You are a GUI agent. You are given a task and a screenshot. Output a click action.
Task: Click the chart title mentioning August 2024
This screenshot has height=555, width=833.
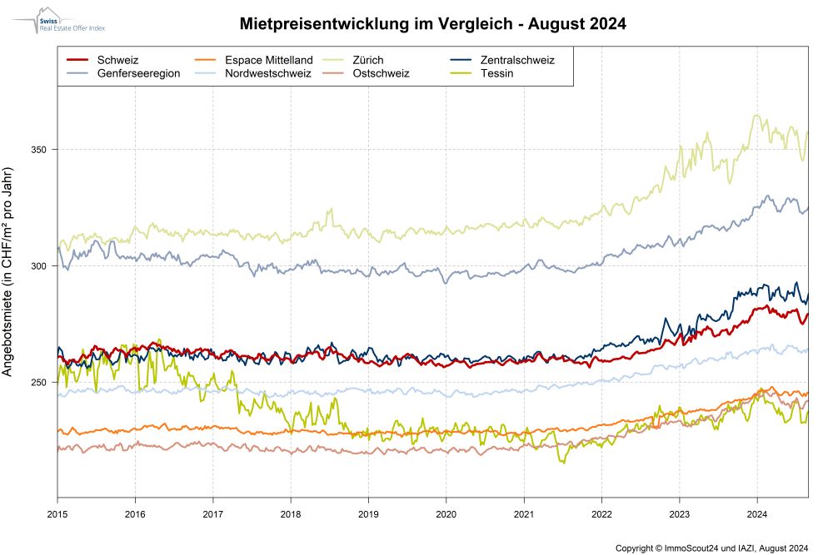click(x=432, y=24)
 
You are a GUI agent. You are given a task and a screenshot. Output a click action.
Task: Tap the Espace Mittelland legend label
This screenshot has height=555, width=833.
click(x=269, y=60)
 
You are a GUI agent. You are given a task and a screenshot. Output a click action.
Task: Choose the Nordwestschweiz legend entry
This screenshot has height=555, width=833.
click(x=267, y=73)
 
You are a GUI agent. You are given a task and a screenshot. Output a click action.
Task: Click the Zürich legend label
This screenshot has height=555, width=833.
click(x=367, y=60)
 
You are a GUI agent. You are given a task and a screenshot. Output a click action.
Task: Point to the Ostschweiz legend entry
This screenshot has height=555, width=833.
click(x=381, y=73)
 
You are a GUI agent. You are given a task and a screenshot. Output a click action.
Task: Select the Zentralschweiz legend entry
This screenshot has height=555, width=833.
click(x=517, y=60)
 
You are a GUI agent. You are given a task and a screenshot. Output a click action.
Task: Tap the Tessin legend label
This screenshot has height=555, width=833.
click(x=496, y=73)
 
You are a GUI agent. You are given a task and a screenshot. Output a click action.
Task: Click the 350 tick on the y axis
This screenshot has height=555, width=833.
click(x=39, y=150)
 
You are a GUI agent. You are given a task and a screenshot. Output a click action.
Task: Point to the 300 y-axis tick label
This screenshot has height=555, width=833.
click(x=39, y=265)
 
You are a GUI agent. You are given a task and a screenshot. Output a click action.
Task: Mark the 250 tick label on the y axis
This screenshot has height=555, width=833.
click(x=39, y=383)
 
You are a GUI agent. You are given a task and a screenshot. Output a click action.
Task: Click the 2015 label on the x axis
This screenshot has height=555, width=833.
click(x=57, y=513)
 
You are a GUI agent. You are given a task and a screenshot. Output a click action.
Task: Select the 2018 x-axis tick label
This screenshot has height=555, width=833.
click(x=291, y=513)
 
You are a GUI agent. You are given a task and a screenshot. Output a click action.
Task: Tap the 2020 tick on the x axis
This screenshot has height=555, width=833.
click(x=446, y=513)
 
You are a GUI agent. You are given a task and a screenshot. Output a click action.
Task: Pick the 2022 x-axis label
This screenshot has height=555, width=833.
click(x=601, y=513)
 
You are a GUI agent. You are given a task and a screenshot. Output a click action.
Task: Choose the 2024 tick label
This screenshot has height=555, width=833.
click(x=757, y=513)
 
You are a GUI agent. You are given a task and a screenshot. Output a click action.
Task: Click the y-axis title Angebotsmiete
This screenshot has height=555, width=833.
click(x=7, y=272)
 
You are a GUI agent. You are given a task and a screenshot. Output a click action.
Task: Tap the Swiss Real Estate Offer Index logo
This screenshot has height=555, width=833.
click(x=58, y=22)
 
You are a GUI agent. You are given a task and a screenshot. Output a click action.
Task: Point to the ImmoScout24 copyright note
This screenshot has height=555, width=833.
click(x=712, y=548)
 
